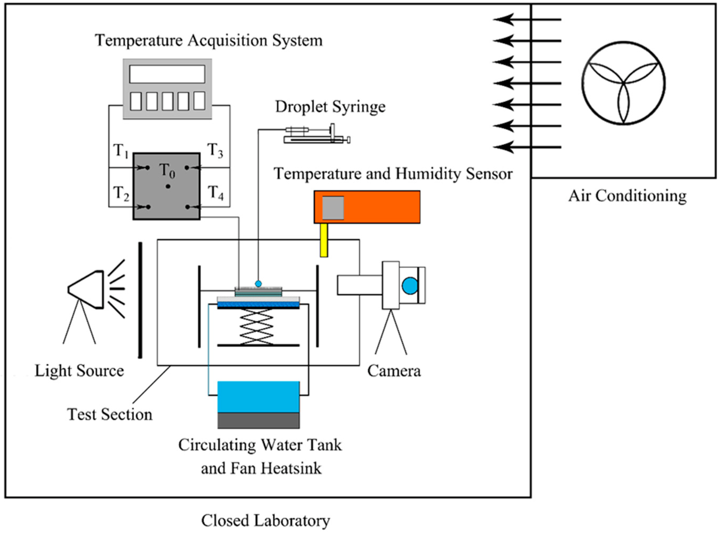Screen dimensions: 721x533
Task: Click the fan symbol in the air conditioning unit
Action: [623, 83]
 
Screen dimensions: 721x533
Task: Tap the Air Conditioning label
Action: [627, 196]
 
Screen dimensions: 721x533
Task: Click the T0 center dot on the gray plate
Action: [168, 186]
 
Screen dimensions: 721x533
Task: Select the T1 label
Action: [121, 151]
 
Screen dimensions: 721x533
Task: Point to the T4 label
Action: [216, 193]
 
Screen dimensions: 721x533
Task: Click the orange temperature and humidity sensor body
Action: [367, 207]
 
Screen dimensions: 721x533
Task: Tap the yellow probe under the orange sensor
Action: [324, 240]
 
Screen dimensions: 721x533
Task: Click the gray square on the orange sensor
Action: [333, 208]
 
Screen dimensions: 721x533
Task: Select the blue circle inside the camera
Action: [410, 286]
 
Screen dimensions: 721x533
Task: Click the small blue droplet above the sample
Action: [258, 284]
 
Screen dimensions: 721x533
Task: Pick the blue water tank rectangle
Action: [259, 397]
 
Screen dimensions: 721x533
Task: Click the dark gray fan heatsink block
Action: [259, 420]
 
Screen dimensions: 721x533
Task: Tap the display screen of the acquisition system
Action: [167, 74]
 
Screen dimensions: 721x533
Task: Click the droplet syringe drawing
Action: [317, 134]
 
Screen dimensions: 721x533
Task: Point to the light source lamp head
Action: [86, 289]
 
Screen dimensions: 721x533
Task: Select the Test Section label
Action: [110, 414]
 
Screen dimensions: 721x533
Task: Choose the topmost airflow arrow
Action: [527, 19]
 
